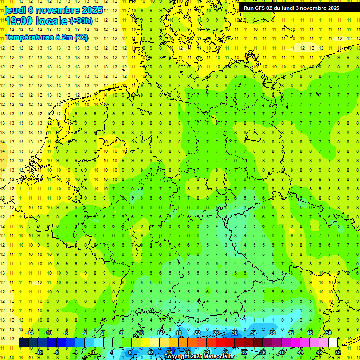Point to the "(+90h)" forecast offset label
pos(81,21)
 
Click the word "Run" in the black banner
pos(248,7)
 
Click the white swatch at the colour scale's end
pos(333,343)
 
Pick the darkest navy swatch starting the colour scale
pos(23,343)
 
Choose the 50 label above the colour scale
pos(329,333)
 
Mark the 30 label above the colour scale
pos(235,333)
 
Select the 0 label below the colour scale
pos(93,352)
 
